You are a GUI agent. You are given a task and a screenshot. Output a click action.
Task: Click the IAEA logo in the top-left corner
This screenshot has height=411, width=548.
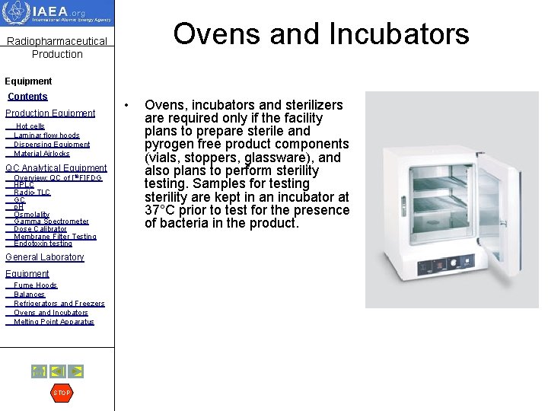(x=56, y=14)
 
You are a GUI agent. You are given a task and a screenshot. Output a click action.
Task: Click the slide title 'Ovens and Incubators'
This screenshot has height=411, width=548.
(x=320, y=33)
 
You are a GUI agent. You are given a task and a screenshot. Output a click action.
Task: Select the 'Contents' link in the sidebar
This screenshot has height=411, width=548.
(x=27, y=97)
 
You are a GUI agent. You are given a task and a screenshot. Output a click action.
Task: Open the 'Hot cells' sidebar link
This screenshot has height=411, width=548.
(x=30, y=126)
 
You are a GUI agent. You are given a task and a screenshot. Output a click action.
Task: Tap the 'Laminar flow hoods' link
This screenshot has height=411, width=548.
(x=46, y=135)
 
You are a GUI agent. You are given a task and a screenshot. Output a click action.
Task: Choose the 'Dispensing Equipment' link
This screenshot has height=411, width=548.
(x=52, y=145)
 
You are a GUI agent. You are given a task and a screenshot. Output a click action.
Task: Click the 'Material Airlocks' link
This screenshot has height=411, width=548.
(x=42, y=154)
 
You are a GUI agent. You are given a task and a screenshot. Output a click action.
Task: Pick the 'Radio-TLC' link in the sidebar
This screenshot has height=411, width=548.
(x=32, y=193)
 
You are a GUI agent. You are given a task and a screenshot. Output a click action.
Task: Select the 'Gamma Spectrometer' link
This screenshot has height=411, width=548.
(x=51, y=221)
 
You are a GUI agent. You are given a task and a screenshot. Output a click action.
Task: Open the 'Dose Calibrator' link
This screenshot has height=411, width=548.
(x=40, y=229)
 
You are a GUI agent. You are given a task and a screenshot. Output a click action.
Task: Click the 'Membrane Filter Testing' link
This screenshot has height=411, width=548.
(x=55, y=237)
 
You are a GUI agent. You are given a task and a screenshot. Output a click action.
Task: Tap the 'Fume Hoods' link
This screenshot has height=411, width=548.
(x=35, y=285)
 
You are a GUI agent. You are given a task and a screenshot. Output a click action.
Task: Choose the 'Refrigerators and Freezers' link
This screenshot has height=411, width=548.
(x=59, y=304)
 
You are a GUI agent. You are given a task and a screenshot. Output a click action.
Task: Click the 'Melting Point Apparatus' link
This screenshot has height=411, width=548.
(x=54, y=322)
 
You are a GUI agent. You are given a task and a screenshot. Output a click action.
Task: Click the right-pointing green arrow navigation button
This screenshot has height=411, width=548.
(x=75, y=371)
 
